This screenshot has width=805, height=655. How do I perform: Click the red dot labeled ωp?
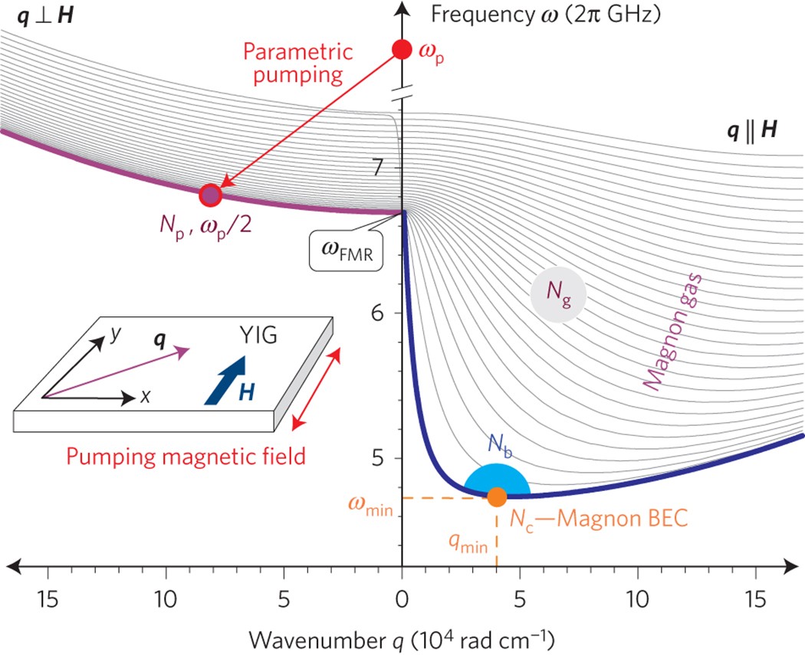click(x=402, y=50)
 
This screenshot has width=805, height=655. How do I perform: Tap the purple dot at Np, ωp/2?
click(x=210, y=195)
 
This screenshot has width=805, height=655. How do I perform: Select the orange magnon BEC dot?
click(x=497, y=496)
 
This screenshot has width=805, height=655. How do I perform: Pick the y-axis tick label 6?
click(x=377, y=313)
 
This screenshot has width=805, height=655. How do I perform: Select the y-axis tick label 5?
click(x=377, y=458)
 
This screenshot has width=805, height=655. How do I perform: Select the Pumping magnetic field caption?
click(x=186, y=457)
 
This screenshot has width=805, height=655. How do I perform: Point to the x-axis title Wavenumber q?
click(x=402, y=638)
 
